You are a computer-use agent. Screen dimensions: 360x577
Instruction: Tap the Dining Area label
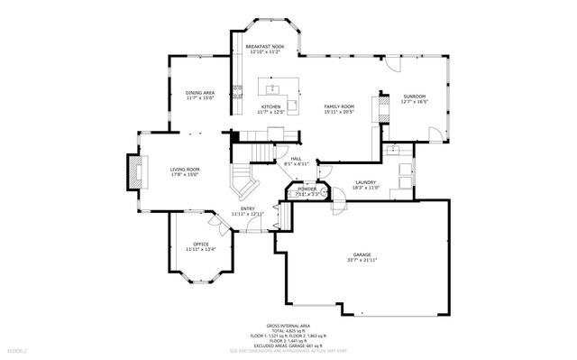(x=199, y=92)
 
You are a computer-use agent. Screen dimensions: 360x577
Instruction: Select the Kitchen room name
(x=271, y=106)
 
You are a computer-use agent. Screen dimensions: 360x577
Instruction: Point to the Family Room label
(x=339, y=106)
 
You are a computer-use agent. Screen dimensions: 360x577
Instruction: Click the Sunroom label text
(x=414, y=96)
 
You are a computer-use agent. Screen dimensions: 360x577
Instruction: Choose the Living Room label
(x=185, y=169)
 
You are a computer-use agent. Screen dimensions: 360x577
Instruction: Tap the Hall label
(x=296, y=159)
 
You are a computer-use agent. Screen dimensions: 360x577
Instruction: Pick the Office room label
(x=200, y=244)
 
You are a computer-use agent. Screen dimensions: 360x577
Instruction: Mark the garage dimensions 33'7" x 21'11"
(x=362, y=261)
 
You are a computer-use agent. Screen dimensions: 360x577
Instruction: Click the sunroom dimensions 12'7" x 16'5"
(x=414, y=101)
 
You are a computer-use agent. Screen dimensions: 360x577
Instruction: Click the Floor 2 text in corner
(x=18, y=349)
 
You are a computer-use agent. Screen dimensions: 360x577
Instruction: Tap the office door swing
(x=216, y=221)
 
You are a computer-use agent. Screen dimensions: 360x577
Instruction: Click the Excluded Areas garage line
(x=288, y=344)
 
